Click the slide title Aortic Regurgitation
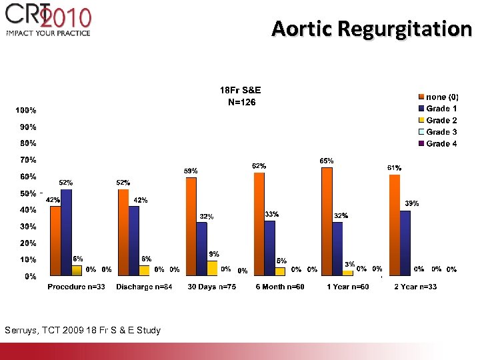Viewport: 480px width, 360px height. (x=371, y=29)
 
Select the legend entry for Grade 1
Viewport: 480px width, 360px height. (x=441, y=109)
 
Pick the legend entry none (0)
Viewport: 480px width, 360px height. (x=441, y=97)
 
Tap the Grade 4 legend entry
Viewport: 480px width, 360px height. (x=441, y=144)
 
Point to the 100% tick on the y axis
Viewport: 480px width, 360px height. (x=26, y=110)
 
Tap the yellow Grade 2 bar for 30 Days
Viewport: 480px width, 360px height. (x=211, y=268)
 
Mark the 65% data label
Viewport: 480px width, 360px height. (x=327, y=161)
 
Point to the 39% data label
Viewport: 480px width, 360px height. (x=412, y=203)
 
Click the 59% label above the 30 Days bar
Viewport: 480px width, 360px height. (x=191, y=171)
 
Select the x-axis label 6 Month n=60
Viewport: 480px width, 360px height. (x=280, y=287)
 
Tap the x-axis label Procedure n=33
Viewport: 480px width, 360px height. (x=76, y=287)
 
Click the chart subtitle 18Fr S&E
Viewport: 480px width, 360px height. (x=241, y=89)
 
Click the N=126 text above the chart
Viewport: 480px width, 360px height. (x=241, y=103)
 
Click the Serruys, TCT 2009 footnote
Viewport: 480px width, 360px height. (x=82, y=330)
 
